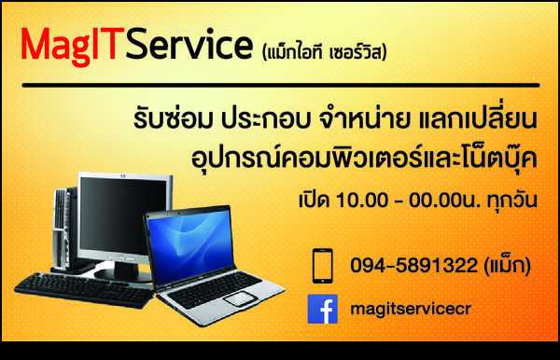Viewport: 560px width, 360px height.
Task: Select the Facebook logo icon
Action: pyautogui.click(x=322, y=309)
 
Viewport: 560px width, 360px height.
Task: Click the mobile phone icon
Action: pyautogui.click(x=322, y=265)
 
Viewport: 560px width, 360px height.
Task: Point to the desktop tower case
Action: pyautogui.click(x=63, y=224)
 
